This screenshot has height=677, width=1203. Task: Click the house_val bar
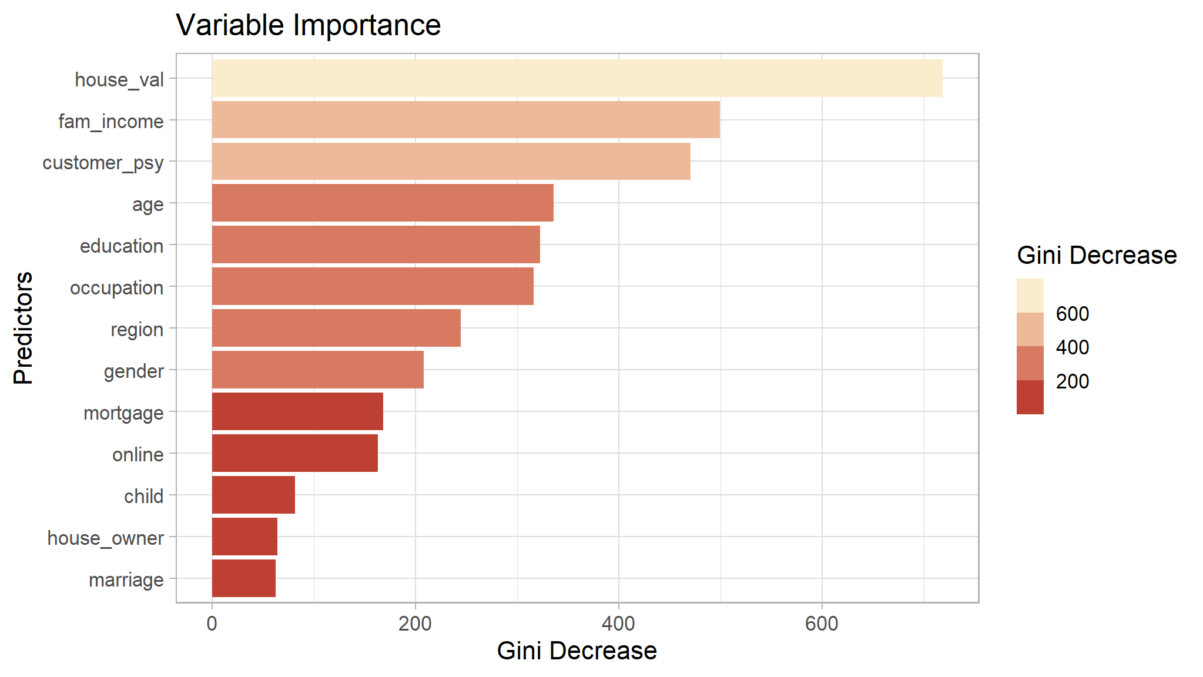(x=577, y=78)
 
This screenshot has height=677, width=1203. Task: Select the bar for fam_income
(x=465, y=120)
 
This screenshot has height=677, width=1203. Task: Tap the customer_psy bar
(x=451, y=161)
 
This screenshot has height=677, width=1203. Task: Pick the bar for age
(x=383, y=203)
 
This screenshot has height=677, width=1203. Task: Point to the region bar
(x=336, y=328)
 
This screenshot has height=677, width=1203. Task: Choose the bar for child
(x=253, y=495)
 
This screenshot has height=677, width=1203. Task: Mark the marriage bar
(x=243, y=578)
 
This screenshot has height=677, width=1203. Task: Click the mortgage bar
(x=297, y=411)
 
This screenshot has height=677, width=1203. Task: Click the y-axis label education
(x=122, y=246)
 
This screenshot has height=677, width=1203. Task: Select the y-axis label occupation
(x=116, y=288)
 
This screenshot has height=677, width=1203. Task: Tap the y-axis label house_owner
(x=105, y=538)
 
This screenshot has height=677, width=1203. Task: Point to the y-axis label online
(x=138, y=455)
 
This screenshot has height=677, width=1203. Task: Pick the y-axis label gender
(x=133, y=371)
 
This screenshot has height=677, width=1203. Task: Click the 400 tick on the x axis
(x=618, y=624)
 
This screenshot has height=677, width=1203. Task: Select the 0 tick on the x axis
(x=212, y=624)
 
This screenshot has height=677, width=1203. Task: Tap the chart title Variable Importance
(x=308, y=25)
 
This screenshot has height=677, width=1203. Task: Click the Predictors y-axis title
(x=24, y=328)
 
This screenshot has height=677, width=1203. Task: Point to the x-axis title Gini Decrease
(x=577, y=651)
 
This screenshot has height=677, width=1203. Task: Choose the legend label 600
(x=1072, y=314)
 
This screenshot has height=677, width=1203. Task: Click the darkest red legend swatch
(x=1030, y=397)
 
